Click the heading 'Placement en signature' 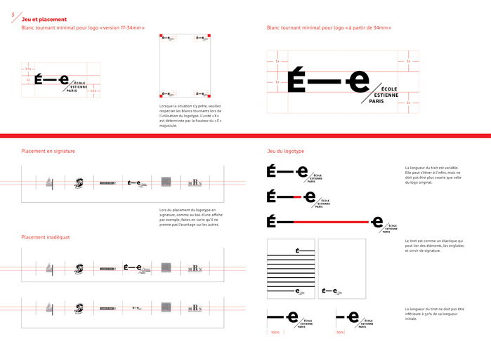(48, 151)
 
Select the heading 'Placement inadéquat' (46, 236)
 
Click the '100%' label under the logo (275, 332)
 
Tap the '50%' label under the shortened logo (340, 332)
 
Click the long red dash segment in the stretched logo (330, 222)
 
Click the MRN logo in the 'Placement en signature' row (195, 184)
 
